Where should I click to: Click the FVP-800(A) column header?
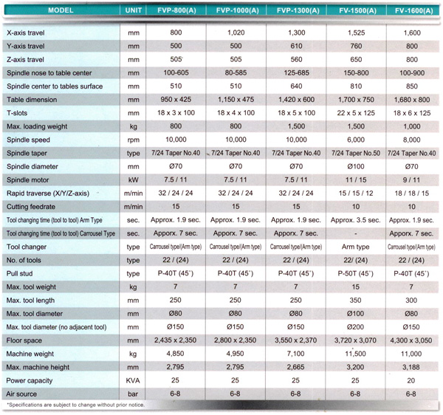[176, 10]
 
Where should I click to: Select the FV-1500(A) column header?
[357, 11]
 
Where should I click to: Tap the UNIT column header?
[134, 10]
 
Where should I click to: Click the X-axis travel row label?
[26, 32]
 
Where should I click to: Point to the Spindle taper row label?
[27, 154]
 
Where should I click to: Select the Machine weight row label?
[30, 354]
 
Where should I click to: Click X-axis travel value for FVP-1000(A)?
[236, 32]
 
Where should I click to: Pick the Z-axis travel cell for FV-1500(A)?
[356, 60]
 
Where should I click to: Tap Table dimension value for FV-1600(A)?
[412, 100]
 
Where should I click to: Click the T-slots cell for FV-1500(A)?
[356, 113]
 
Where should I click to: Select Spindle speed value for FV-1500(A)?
[356, 140]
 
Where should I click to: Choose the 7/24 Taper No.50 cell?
[356, 153]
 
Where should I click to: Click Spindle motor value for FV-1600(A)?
[411, 180]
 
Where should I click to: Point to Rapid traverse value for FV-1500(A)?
[356, 193]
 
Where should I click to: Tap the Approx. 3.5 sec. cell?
[355, 220]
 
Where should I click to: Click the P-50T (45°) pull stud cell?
[355, 273]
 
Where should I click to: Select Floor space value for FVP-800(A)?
[175, 340]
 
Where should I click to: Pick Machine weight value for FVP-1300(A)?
[296, 354]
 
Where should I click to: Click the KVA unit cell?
[133, 380]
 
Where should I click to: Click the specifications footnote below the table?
[75, 405]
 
